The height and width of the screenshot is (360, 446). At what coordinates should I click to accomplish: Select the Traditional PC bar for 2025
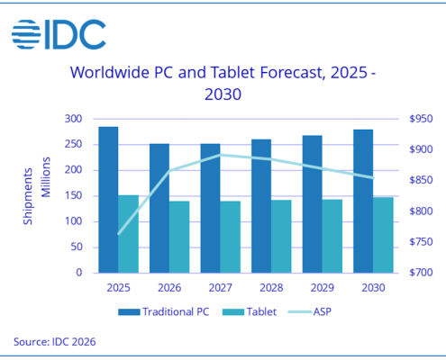pyautogui.click(x=108, y=199)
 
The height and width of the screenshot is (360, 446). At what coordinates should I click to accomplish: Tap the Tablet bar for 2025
pyautogui.click(x=129, y=233)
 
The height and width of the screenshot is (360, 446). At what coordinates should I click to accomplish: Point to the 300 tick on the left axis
pyautogui.click(x=74, y=119)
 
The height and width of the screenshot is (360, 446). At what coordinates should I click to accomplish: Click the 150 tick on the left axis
pyautogui.click(x=74, y=195)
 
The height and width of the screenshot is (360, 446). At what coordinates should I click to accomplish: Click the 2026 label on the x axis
pyautogui.click(x=169, y=287)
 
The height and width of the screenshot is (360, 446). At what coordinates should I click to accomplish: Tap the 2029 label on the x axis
pyautogui.click(x=322, y=287)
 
